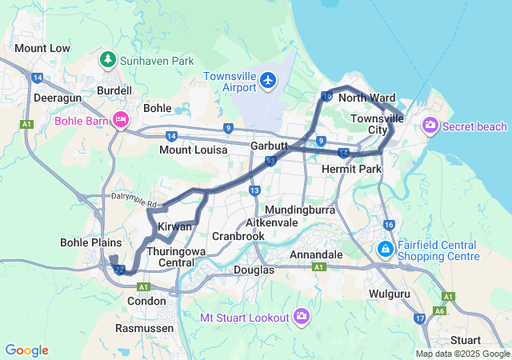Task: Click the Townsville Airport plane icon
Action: (x=268, y=80)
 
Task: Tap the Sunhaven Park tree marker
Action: (x=107, y=60)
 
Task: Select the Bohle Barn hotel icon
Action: (x=121, y=120)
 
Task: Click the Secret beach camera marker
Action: (x=430, y=126)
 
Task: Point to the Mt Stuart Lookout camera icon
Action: (x=302, y=318)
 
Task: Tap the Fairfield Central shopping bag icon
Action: (x=386, y=250)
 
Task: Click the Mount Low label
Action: (x=42, y=49)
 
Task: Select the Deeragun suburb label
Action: (x=54, y=98)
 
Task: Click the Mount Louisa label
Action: (x=193, y=150)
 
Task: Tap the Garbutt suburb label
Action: (x=269, y=146)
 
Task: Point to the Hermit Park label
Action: (x=351, y=170)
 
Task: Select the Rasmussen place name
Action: (x=140, y=328)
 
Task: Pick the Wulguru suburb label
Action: (x=390, y=294)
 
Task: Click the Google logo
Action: (x=26, y=350)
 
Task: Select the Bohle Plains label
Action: (x=90, y=242)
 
